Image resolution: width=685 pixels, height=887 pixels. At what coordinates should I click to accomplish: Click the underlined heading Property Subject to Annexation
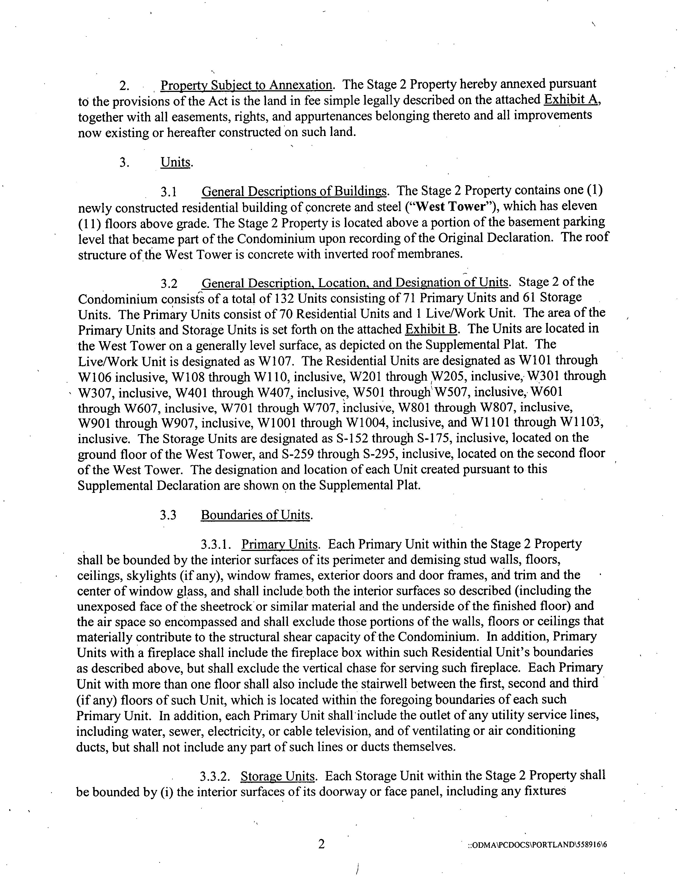tap(247, 85)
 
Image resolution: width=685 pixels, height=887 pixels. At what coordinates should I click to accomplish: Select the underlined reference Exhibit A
tap(572, 99)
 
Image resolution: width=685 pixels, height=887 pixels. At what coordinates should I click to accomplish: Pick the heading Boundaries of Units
tap(256, 515)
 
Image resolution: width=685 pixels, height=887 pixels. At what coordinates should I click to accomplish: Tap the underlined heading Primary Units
tap(279, 544)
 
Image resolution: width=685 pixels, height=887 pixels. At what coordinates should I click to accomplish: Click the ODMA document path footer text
tap(538, 845)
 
